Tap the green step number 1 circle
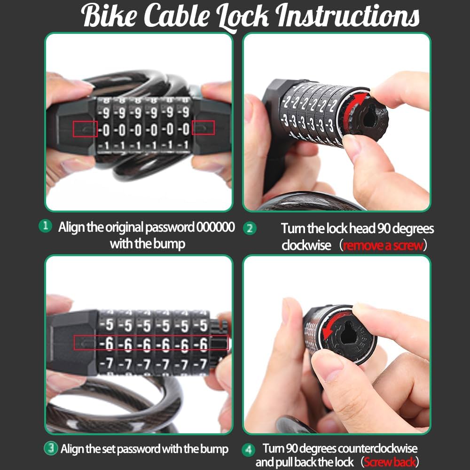click(x=45, y=226)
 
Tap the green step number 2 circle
click(x=250, y=228)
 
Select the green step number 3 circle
click(x=51, y=448)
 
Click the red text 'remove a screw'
click(x=383, y=245)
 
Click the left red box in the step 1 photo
click(x=85, y=128)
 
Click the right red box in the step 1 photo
click(x=203, y=127)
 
